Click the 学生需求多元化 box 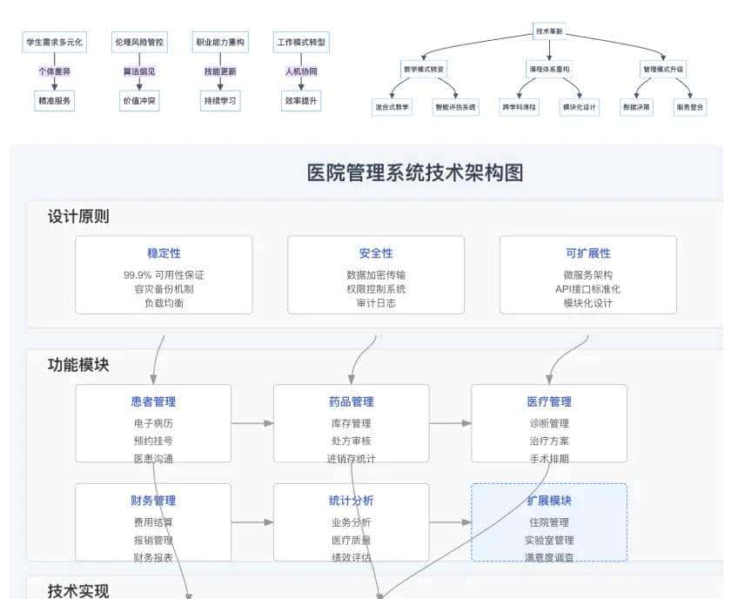[x=54, y=42]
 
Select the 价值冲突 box [x=139, y=101]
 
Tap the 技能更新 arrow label [x=220, y=71]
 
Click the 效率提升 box [x=301, y=101]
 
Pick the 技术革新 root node [x=549, y=31]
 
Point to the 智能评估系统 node [x=456, y=107]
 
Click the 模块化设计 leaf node [x=580, y=107]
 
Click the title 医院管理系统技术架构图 [x=415, y=172]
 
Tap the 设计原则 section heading [x=78, y=217]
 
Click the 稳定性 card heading [x=164, y=253]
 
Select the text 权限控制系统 [x=375, y=289]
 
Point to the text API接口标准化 [x=587, y=289]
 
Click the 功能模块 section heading [x=78, y=366]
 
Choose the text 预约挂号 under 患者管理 [x=153, y=441]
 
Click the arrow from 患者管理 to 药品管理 [x=252, y=424]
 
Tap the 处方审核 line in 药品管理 [x=351, y=441]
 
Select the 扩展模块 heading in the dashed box [x=549, y=501]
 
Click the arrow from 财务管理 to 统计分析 [x=252, y=522]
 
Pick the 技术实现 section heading [x=78, y=591]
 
